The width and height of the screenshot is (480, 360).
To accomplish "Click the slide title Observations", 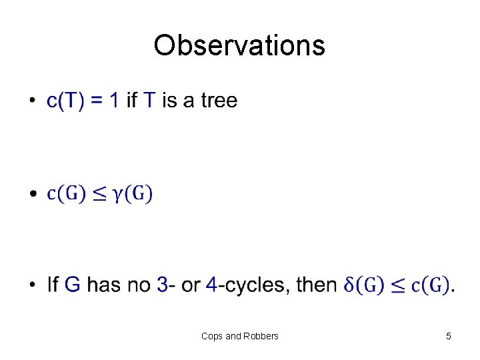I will click(239, 45).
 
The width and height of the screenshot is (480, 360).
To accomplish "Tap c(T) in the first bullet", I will click(64, 101).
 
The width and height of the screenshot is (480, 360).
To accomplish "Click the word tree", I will click(219, 101).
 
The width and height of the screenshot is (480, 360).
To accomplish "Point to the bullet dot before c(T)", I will click(32, 101).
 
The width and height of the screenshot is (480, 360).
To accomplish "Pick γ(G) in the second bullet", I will click(133, 194).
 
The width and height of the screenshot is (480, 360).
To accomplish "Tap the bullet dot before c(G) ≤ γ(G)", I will click(32, 195).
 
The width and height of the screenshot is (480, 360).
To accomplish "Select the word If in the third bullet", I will click(53, 285).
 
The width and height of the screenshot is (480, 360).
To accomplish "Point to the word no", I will click(141, 285).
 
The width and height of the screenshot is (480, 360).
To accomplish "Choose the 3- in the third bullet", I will click(166, 285).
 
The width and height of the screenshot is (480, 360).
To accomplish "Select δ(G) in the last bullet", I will click(364, 286).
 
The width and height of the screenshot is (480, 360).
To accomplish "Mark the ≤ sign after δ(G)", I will click(398, 286).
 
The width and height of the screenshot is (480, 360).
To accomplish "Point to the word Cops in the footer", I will click(212, 336).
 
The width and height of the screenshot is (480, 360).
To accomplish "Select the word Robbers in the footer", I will click(261, 336).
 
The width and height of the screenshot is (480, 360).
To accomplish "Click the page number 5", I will click(449, 336).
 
